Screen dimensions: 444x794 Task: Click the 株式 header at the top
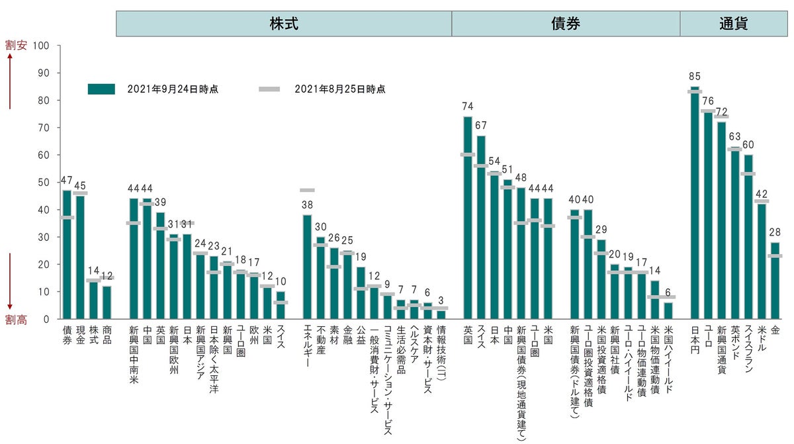pos(284,24)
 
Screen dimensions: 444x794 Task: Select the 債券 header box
pos(566,24)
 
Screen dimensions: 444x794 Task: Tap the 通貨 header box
pos(733,24)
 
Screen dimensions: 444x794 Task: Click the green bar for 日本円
pos(694,205)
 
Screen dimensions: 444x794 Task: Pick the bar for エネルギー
pos(307,268)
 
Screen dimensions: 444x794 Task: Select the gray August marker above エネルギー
pos(307,191)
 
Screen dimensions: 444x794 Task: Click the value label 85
pos(694,77)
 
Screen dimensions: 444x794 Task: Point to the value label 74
pos(468,107)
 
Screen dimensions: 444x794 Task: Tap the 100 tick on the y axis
pos(44,46)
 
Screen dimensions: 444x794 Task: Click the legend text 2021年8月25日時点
pos(340,89)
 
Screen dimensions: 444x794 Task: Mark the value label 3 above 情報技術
pos(441,300)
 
